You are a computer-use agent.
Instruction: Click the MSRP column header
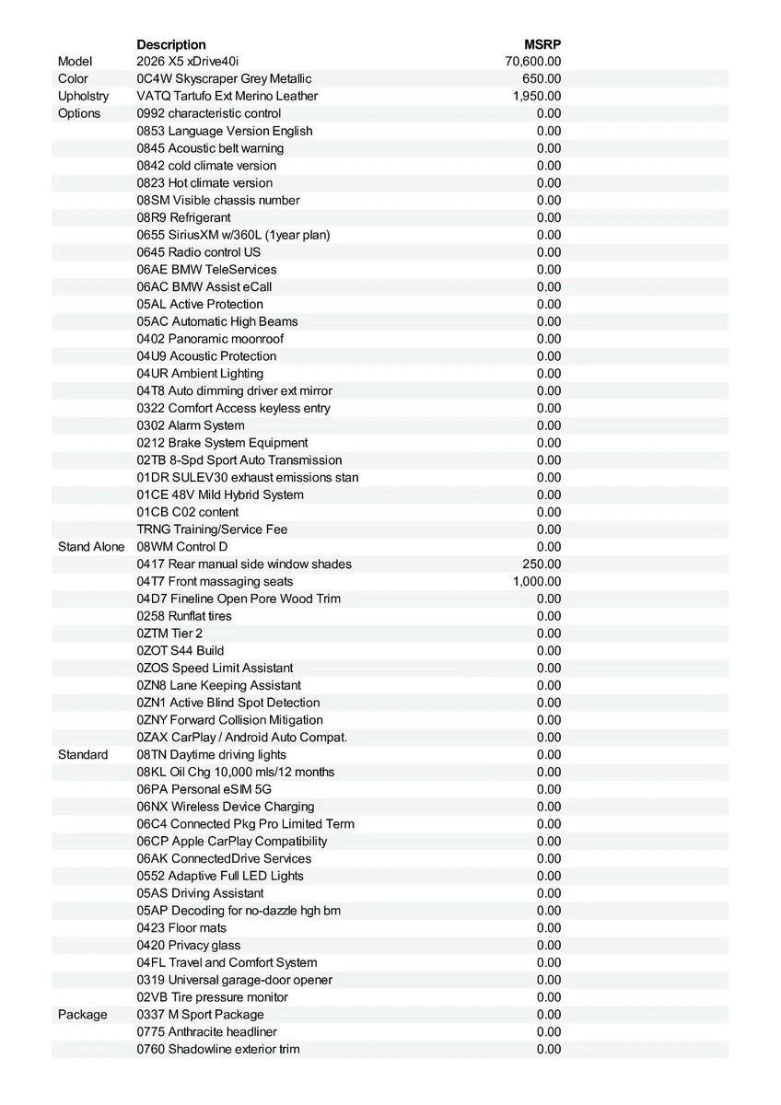[542, 44]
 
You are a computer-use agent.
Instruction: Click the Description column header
[171, 44]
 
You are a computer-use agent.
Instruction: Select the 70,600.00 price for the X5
[533, 62]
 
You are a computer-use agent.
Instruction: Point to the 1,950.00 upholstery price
[537, 97]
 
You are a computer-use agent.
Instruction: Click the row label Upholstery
[83, 97]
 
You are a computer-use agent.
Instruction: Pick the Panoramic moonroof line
[210, 339]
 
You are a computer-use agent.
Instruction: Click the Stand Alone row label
[90, 547]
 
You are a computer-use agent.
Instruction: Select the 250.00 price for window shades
[542, 564]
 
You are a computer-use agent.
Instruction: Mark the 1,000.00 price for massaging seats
[537, 582]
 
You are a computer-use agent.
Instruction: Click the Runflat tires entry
[184, 616]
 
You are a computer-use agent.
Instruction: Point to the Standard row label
[83, 755]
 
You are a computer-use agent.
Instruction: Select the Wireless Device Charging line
[226, 807]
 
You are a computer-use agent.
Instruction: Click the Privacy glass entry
[189, 946]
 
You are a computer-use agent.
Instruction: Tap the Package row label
[82, 1015]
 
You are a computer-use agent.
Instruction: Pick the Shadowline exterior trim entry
[218, 1050]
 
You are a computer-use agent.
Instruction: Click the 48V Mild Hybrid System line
[220, 495]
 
